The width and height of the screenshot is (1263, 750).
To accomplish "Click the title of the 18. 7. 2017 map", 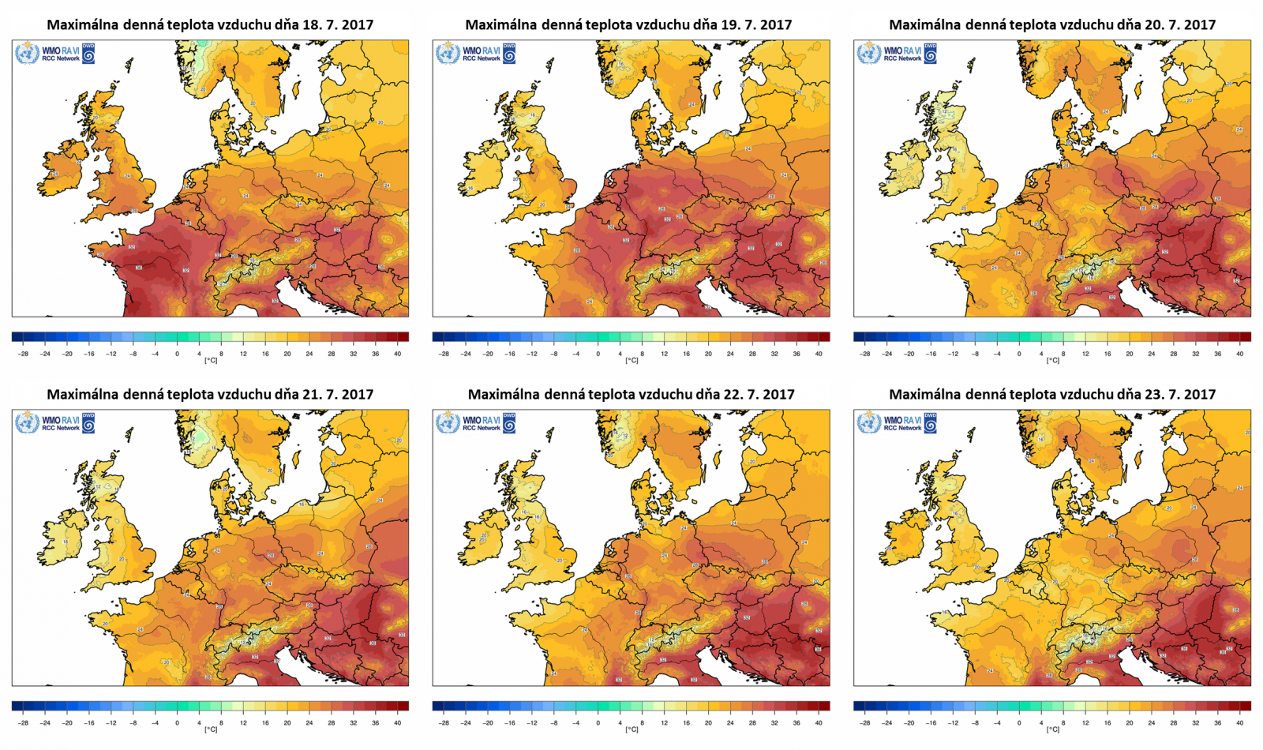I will (x=210, y=24).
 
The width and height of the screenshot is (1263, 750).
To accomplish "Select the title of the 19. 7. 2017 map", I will (x=628, y=24).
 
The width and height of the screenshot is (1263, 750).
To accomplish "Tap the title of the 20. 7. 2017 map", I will (x=1052, y=24).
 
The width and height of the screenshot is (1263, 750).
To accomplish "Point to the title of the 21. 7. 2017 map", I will (x=210, y=394).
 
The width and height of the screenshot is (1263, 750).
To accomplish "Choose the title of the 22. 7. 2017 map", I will (x=631, y=394).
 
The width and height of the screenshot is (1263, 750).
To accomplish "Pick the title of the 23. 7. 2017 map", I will (x=1052, y=394).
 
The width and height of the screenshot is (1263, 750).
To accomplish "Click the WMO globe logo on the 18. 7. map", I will (x=27, y=54).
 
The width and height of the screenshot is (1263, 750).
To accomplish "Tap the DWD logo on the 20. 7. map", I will (x=931, y=54).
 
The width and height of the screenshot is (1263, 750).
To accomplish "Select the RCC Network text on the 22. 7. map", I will (x=482, y=428).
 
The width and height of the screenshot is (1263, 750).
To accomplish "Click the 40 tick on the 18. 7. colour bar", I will (x=397, y=354).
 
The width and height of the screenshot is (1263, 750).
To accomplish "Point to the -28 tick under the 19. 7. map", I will (x=444, y=354).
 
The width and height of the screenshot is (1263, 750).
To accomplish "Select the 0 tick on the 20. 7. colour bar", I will (x=1019, y=354).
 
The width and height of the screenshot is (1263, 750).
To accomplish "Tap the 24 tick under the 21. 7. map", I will (x=309, y=723).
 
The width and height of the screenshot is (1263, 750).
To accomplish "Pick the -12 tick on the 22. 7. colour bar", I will (x=532, y=723).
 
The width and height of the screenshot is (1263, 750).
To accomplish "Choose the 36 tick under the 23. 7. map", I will (x=1217, y=723).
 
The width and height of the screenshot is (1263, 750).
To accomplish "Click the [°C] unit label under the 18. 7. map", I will (x=211, y=361).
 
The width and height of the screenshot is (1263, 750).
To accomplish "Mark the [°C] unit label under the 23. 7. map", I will (x=1052, y=730).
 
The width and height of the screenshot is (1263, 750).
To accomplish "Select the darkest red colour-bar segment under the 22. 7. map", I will (x=824, y=706).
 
